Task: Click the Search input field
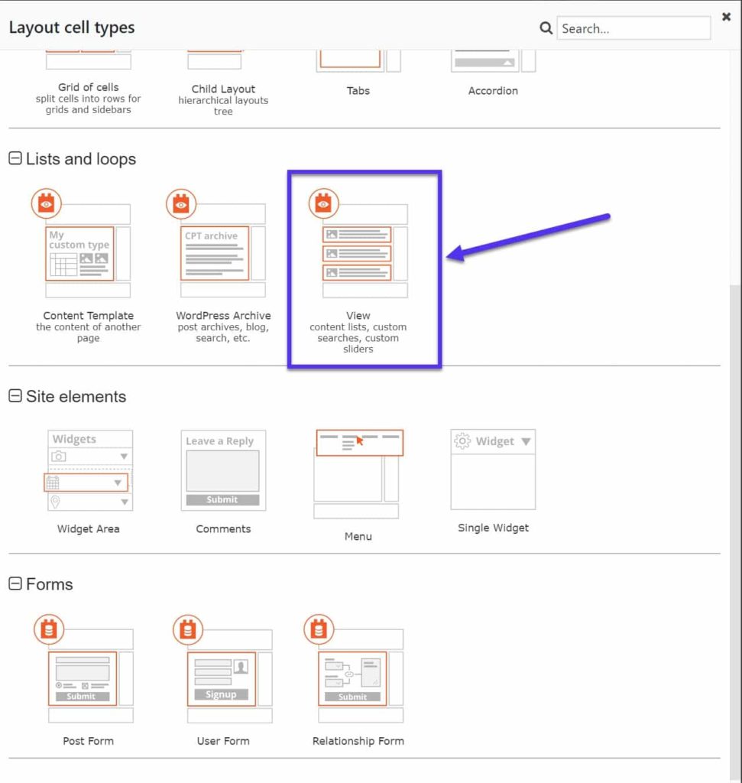pyautogui.click(x=633, y=28)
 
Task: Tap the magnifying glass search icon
pyautogui.click(x=546, y=28)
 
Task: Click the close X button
pyautogui.click(x=726, y=16)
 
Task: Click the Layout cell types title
pyautogui.click(x=72, y=28)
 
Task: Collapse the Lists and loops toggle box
pyautogui.click(x=15, y=159)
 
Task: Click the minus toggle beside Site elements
pyautogui.click(x=15, y=396)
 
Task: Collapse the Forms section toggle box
pyautogui.click(x=15, y=584)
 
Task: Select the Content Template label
pyautogui.click(x=88, y=316)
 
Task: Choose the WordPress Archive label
pyautogui.click(x=223, y=316)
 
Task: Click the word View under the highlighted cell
pyautogui.click(x=358, y=316)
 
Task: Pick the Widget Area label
pyautogui.click(x=88, y=529)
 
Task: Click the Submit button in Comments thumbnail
pyautogui.click(x=222, y=500)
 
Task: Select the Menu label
pyautogui.click(x=358, y=537)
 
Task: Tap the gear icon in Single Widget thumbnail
pyautogui.click(x=462, y=441)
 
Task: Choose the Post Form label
pyautogui.click(x=88, y=741)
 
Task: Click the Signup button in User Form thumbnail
pyautogui.click(x=221, y=695)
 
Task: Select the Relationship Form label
pyautogui.click(x=358, y=741)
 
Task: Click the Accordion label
pyautogui.click(x=493, y=91)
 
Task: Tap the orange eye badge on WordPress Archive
pyautogui.click(x=181, y=203)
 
